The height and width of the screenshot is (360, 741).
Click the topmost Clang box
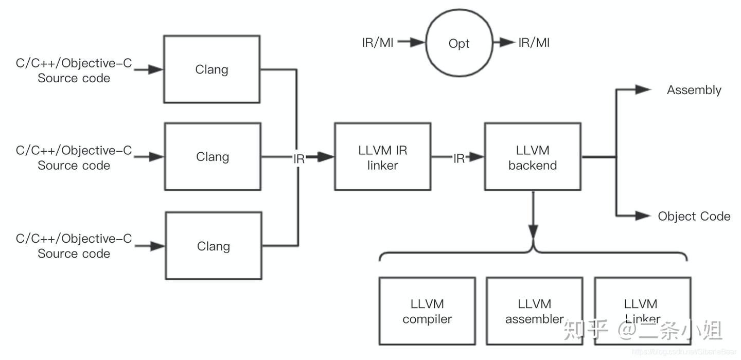click(211, 69)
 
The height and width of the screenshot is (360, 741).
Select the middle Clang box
click(212, 156)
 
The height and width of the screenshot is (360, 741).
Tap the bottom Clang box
click(213, 246)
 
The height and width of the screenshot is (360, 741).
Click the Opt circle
click(458, 44)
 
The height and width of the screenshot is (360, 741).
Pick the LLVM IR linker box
click(382, 157)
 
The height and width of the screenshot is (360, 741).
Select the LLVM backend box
click(533, 157)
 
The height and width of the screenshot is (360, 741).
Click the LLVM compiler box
click(427, 311)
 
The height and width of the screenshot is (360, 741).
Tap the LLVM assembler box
click(535, 311)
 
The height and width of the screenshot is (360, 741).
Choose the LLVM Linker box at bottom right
click(642, 311)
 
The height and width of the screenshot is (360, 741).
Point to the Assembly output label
click(694, 90)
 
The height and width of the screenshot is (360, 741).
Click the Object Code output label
click(694, 216)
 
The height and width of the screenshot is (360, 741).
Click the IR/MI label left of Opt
click(378, 43)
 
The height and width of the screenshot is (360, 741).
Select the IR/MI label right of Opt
click(534, 43)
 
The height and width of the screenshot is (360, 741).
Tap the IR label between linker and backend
click(458, 159)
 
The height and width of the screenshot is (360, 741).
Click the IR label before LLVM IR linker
click(299, 159)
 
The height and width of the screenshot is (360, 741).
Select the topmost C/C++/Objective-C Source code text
click(74, 70)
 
